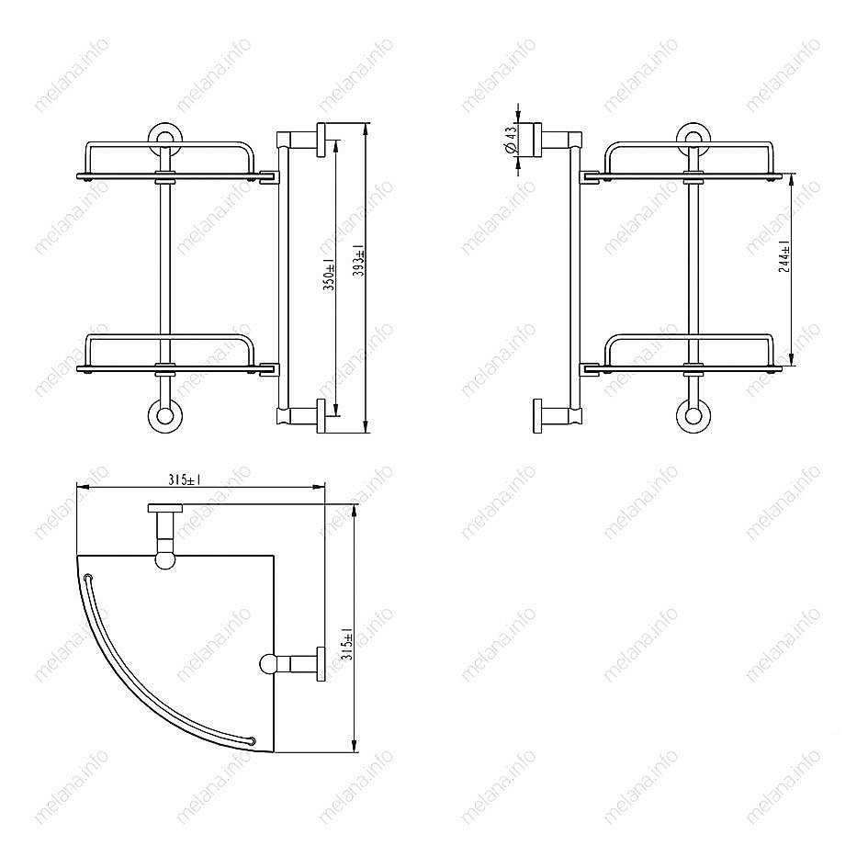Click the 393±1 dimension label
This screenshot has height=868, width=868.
(x=359, y=260)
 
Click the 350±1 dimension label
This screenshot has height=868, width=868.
(x=329, y=275)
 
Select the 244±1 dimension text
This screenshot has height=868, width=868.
(x=784, y=257)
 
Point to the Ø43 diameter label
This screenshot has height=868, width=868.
(x=511, y=140)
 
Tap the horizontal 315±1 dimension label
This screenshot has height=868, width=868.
(x=185, y=480)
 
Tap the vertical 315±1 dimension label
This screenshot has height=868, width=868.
(x=347, y=643)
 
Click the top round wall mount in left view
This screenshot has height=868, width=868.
(x=164, y=137)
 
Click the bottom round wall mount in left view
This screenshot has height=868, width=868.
(x=165, y=415)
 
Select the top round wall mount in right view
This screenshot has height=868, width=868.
(x=693, y=137)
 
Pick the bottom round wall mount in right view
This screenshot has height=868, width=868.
(x=693, y=415)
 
